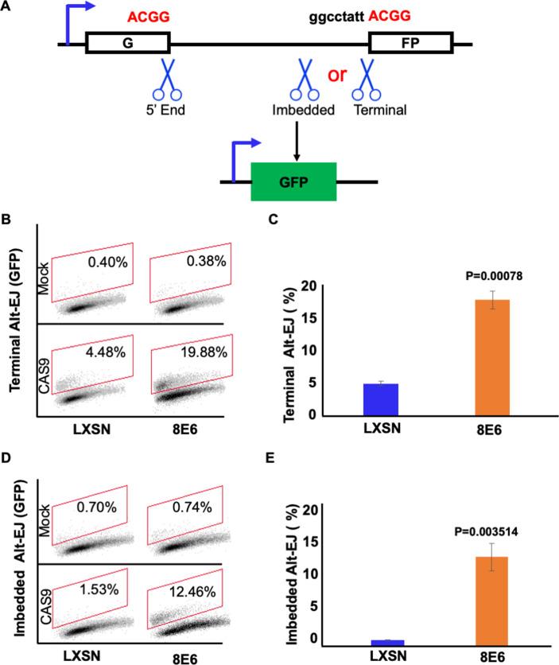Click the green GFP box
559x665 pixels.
[293, 183]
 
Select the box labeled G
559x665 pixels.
[127, 43]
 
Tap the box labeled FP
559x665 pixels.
[411, 43]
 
